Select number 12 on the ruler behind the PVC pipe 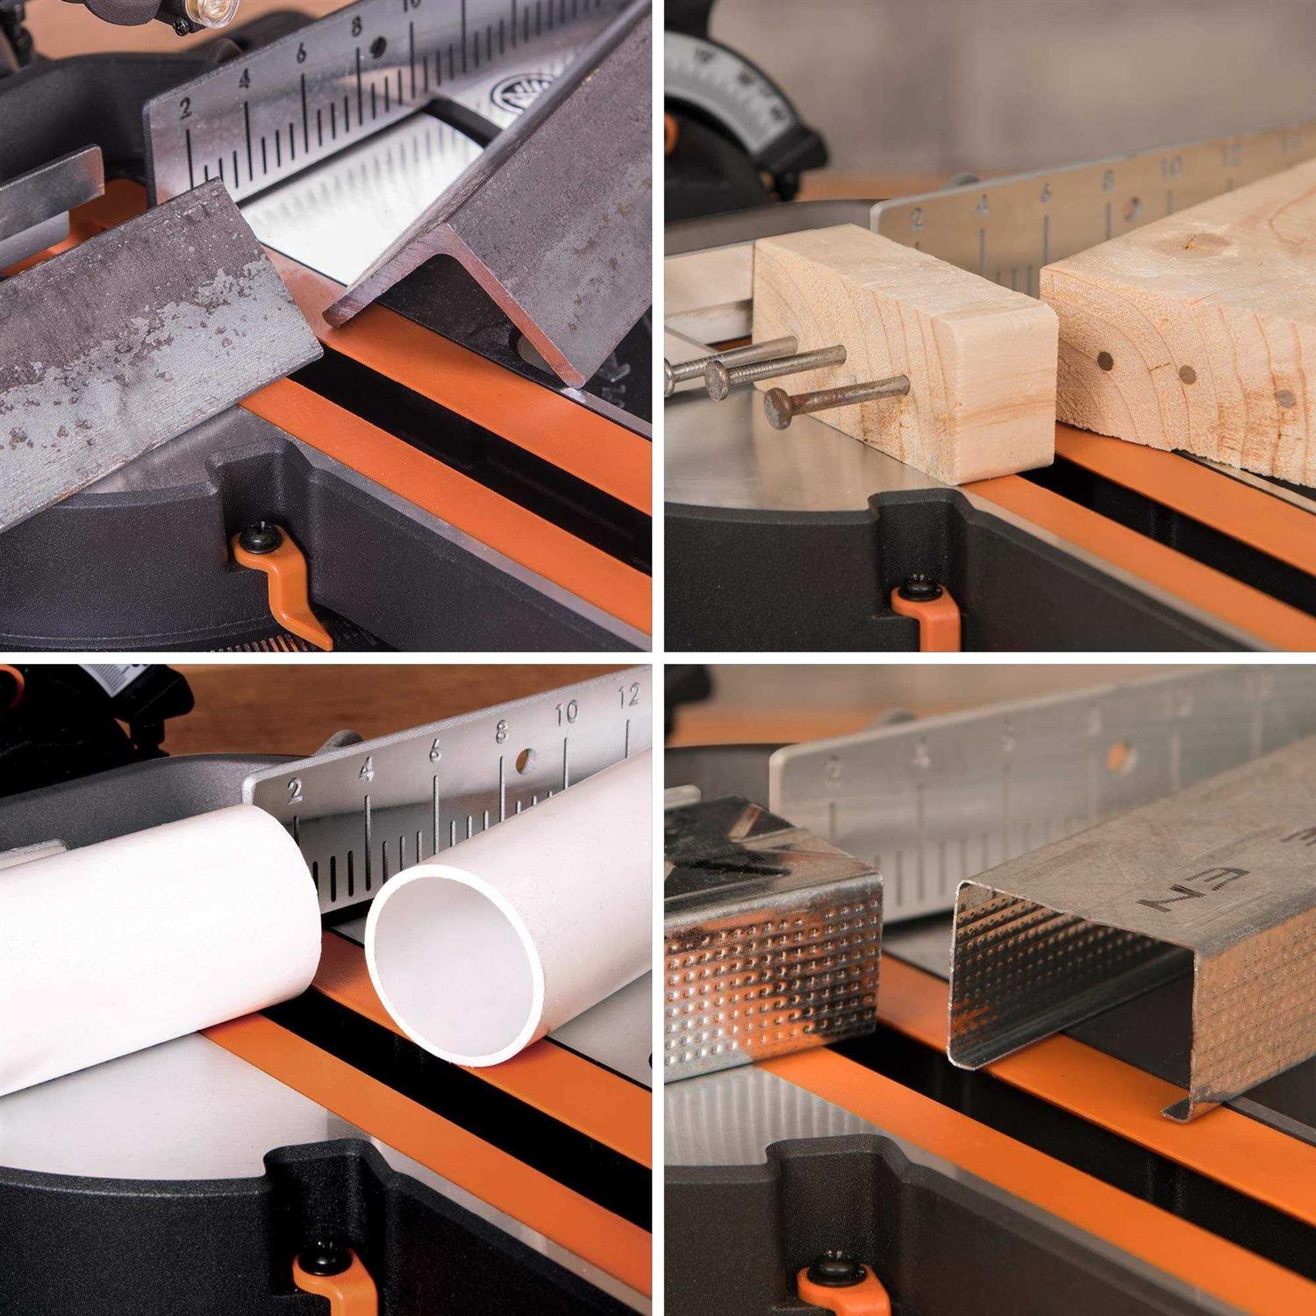pyautogui.click(x=628, y=696)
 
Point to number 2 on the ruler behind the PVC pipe pyautogui.click(x=295, y=791)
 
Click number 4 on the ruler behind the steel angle pyautogui.click(x=244, y=80)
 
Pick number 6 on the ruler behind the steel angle pyautogui.click(x=301, y=54)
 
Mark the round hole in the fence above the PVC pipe pyautogui.click(x=526, y=760)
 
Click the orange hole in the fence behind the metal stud pyautogui.click(x=1119, y=755)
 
